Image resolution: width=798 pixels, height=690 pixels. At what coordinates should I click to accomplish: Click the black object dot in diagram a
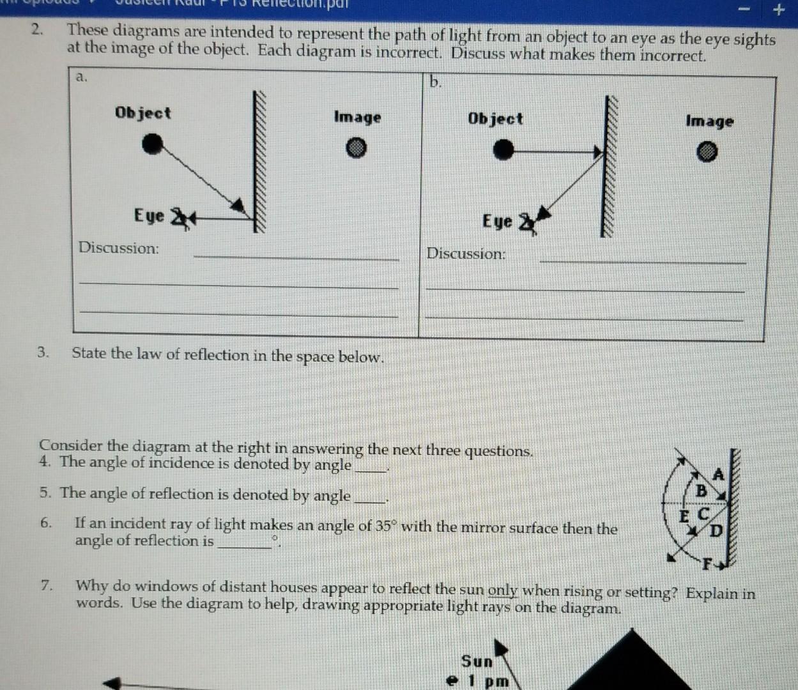click(x=151, y=145)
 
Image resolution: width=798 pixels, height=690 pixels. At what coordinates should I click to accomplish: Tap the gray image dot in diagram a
click(x=357, y=149)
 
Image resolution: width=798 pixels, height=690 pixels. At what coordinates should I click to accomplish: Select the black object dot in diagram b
click(x=503, y=151)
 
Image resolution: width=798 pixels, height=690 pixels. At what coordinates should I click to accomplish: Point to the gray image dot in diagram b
click(x=706, y=153)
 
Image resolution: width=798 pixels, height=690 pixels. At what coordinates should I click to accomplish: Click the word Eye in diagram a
click(x=149, y=216)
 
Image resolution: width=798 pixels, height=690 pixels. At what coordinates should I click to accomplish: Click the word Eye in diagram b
click(x=498, y=222)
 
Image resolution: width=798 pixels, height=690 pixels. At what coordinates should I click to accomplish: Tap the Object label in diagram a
click(x=142, y=113)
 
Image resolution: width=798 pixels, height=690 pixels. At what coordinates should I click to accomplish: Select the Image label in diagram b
click(x=709, y=121)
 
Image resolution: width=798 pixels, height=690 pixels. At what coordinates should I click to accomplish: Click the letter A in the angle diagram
click(x=718, y=475)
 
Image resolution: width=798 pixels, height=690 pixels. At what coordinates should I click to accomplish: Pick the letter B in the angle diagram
click(x=701, y=491)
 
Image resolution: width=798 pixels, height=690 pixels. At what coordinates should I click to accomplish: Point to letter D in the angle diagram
click(x=716, y=530)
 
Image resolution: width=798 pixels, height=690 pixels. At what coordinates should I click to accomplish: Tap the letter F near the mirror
click(x=707, y=564)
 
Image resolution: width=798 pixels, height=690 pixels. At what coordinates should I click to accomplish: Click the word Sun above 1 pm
click(x=477, y=661)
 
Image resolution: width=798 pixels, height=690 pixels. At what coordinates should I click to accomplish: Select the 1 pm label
click(x=489, y=681)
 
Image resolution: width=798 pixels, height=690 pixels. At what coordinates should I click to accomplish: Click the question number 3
click(x=43, y=353)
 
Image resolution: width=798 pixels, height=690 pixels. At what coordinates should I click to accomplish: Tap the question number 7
click(x=45, y=585)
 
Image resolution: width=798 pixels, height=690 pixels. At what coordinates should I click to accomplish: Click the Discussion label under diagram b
click(x=466, y=254)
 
